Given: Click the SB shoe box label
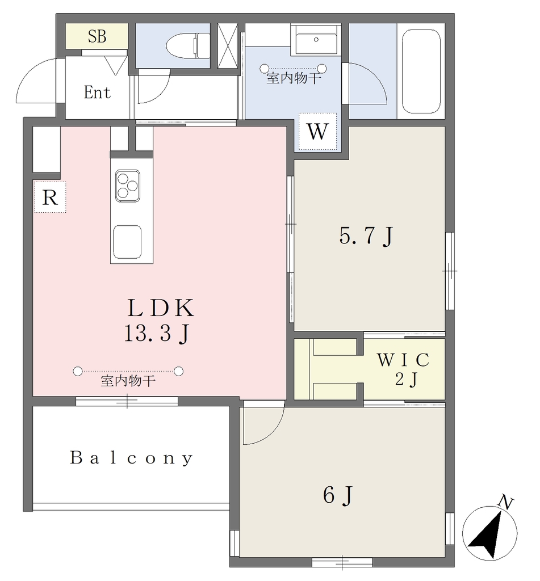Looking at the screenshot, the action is (x=97, y=36).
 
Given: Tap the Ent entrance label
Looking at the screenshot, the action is (x=97, y=92).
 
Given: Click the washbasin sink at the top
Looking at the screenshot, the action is (x=316, y=40).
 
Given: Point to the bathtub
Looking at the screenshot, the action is (x=421, y=71).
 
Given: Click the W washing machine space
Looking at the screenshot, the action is (x=318, y=132).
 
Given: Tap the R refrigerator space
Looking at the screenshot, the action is (x=50, y=197).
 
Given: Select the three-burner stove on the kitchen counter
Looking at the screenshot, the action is (x=128, y=186).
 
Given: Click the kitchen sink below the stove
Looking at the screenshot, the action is (x=127, y=242).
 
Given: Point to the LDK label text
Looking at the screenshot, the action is (x=161, y=308).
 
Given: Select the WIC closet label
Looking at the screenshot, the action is (x=403, y=359).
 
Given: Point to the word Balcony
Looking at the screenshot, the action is (x=132, y=458).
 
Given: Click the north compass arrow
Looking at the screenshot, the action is (x=486, y=534).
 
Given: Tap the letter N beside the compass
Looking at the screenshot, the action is (x=506, y=503).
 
